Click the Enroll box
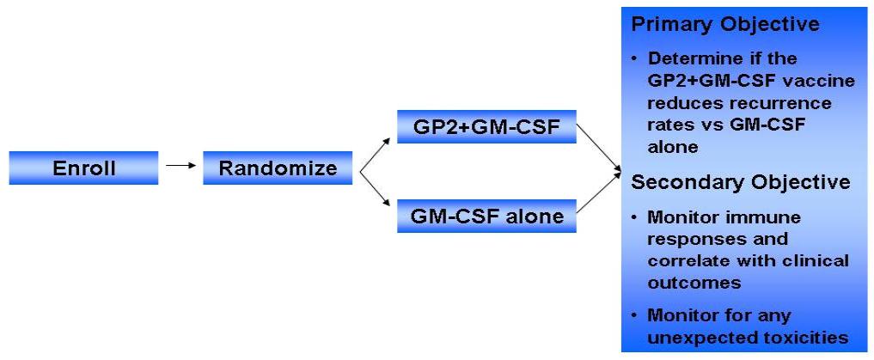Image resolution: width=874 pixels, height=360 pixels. click(x=83, y=168)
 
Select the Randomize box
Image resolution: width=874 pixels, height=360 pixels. click(x=278, y=168)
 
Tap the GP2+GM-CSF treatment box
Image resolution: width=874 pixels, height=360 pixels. click(x=486, y=128)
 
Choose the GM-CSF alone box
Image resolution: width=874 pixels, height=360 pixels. click(x=486, y=216)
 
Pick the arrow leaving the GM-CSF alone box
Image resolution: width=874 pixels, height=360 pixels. click(x=598, y=195)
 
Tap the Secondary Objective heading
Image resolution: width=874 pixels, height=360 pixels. click(x=741, y=182)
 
